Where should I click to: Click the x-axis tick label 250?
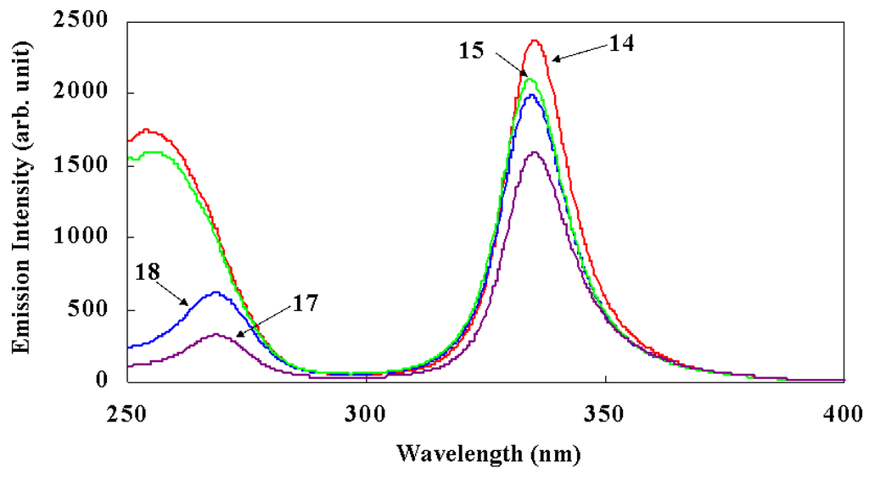pos(126,409)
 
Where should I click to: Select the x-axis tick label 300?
pos(366,409)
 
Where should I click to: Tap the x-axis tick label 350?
pos(605,409)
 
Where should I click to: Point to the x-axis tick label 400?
pos(844,409)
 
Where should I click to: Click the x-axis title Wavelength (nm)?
pos(489,455)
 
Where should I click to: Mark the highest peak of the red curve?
pos(535,40)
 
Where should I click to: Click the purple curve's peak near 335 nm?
pos(535,153)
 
